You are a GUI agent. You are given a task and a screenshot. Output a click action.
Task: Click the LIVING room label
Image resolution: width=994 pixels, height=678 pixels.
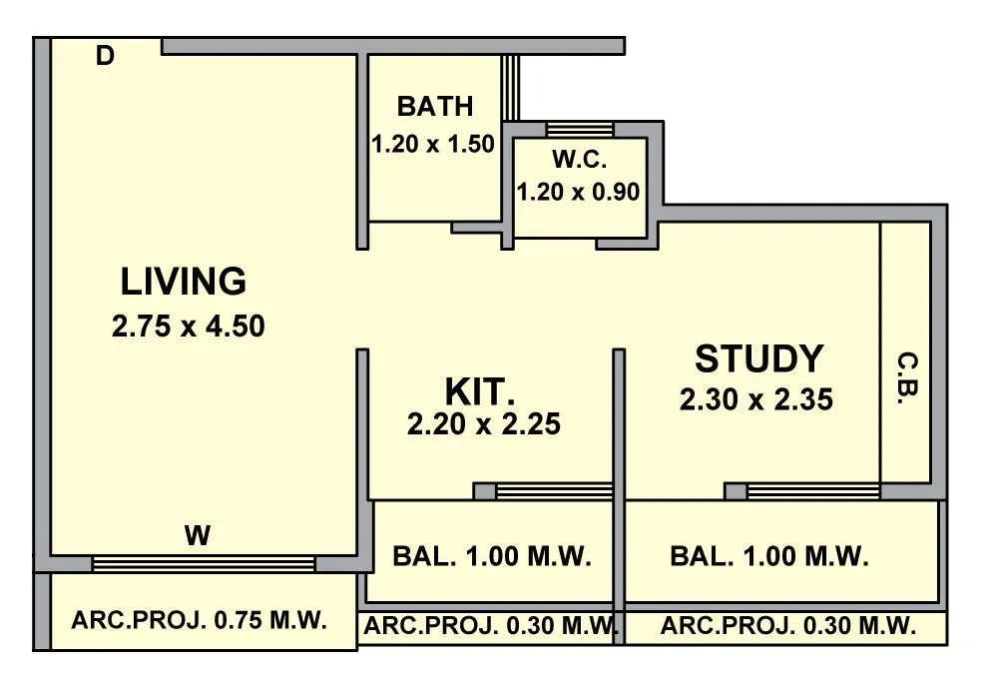point(184,283)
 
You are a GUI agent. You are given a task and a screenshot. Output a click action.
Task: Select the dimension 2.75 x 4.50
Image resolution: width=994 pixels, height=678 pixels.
point(189,327)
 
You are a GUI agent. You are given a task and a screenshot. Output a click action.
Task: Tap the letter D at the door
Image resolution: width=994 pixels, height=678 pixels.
point(105,57)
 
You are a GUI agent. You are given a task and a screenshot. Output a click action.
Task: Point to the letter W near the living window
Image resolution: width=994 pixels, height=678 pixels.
point(198,536)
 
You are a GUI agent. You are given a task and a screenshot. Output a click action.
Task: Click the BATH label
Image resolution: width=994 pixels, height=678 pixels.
point(435,106)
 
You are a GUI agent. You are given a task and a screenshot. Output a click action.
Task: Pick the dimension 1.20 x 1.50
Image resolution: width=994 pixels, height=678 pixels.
point(433,144)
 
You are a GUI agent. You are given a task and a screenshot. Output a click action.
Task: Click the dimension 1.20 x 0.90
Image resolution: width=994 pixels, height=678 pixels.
point(578,192)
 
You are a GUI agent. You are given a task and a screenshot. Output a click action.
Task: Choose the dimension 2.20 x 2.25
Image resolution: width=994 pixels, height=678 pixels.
point(484,425)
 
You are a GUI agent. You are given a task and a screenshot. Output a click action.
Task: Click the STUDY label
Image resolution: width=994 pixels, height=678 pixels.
point(758,358)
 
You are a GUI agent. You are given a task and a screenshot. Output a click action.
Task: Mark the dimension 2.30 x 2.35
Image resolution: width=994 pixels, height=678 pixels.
point(756,400)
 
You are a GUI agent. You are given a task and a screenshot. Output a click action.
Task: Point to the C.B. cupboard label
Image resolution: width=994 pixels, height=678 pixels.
point(906,377)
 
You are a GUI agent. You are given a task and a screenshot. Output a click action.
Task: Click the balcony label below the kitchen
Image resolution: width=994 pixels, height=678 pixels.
point(492,556)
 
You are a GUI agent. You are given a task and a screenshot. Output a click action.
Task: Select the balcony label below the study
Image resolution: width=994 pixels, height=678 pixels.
point(769,556)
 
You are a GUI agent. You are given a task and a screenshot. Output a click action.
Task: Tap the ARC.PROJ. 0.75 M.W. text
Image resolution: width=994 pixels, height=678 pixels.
point(200,620)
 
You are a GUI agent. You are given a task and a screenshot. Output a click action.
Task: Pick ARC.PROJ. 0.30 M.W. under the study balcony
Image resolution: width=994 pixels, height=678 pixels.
point(788,627)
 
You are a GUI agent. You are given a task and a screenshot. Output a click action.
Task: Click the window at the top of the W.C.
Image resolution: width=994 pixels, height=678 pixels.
point(580,129)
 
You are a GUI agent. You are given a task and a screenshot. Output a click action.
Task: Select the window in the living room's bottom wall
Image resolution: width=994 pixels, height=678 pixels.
point(204,564)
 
